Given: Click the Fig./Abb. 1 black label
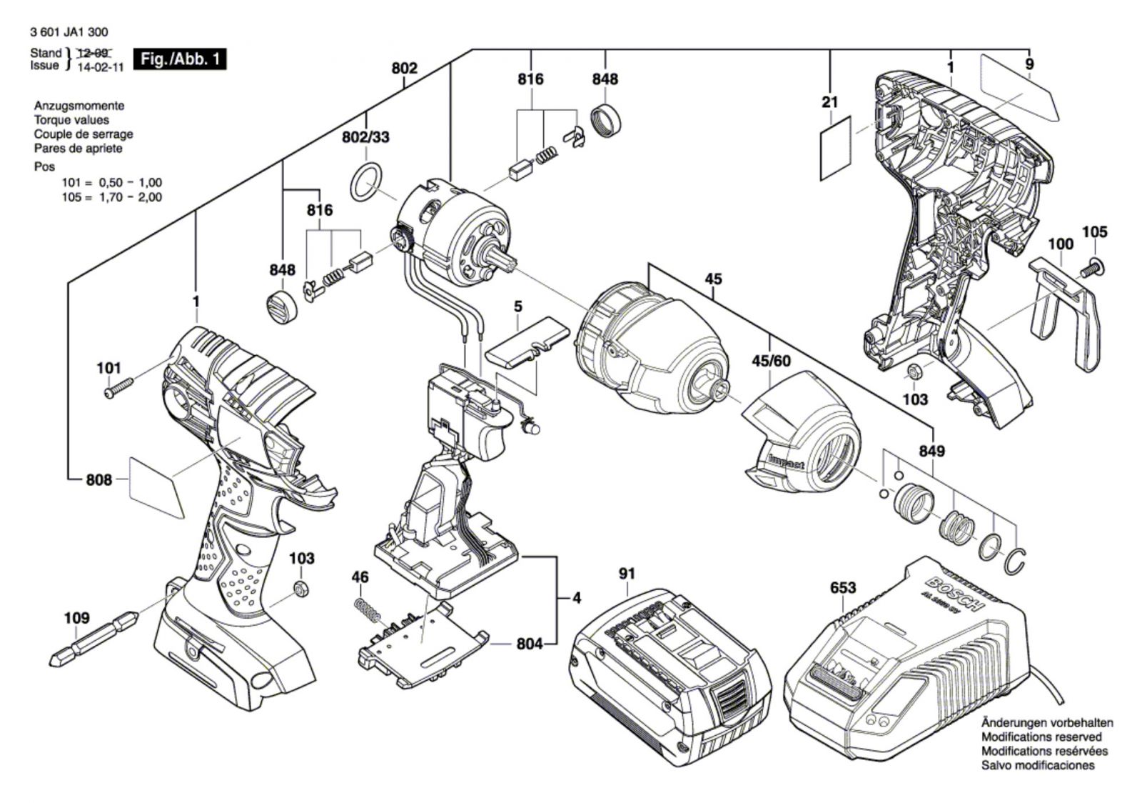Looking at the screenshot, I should (x=181, y=59).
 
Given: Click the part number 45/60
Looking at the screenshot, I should (x=771, y=361).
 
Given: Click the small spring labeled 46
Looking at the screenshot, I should (x=365, y=611).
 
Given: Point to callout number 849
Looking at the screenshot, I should (x=932, y=451).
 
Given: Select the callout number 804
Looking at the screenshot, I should (x=529, y=644).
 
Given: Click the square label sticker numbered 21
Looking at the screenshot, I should (x=836, y=148).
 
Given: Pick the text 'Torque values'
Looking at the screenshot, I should (x=71, y=120).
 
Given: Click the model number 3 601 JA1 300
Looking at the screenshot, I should (x=70, y=32).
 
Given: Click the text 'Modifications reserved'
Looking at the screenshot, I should (x=1041, y=737).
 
